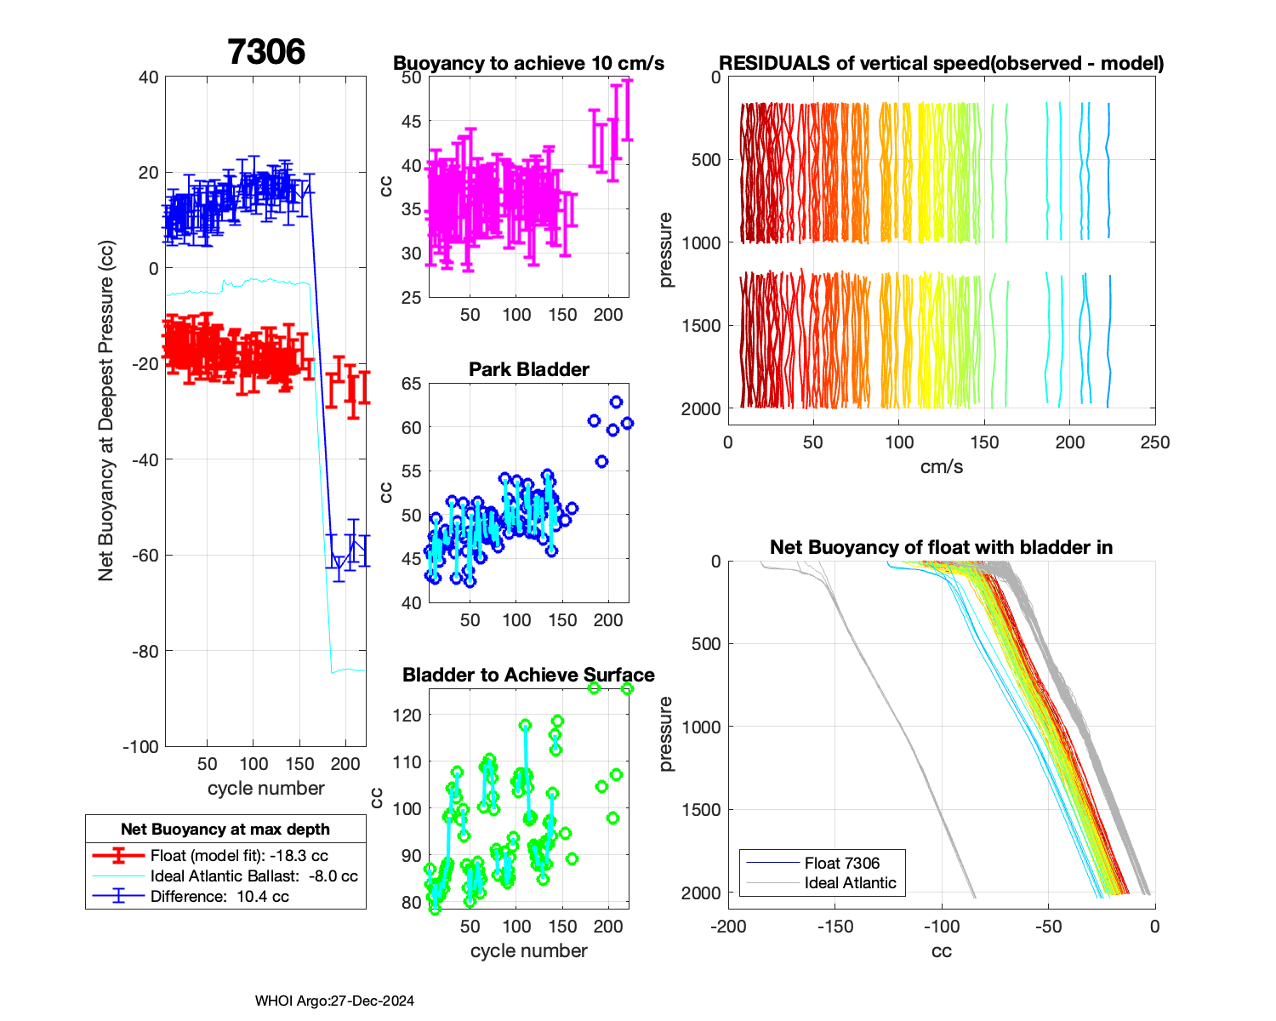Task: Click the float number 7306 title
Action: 266,52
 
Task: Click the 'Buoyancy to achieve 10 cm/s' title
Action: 528,64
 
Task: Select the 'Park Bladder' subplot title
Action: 528,369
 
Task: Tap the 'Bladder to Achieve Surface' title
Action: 528,675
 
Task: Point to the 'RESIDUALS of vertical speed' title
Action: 942,64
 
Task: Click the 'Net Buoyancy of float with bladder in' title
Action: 942,547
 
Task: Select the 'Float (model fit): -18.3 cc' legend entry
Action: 239,856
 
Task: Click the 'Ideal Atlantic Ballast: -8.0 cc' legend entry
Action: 253,876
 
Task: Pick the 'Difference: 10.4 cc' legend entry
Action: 219,896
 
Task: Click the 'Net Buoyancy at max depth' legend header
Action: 225,830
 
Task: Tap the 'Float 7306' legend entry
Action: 842,864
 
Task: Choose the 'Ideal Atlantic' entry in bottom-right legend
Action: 850,883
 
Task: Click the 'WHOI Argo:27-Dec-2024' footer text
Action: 334,1001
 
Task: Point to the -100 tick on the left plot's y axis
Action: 141,747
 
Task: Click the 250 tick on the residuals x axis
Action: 1155,442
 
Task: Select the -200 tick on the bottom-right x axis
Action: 728,927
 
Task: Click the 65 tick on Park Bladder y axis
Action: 411,384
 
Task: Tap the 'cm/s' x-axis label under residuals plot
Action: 942,467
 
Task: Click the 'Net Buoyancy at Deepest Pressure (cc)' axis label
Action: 106,411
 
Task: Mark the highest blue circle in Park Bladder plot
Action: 616,402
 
